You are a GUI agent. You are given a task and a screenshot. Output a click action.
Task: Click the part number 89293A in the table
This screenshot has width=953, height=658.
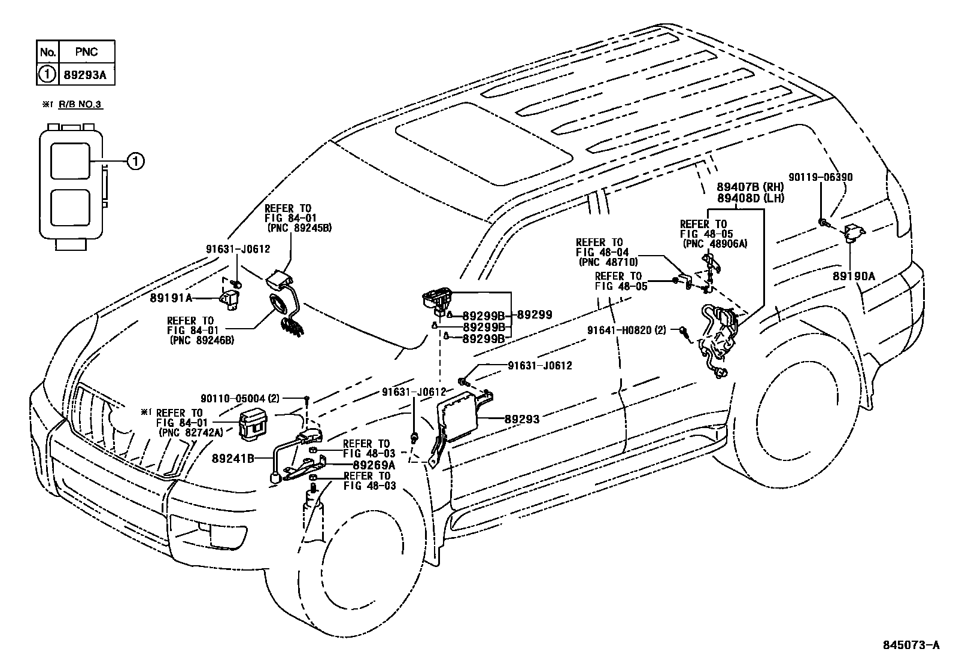[x=86, y=74]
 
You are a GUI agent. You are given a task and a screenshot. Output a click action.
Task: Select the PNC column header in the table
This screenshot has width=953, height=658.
[x=86, y=52]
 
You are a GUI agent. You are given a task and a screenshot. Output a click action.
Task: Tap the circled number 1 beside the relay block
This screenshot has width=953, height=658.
[x=136, y=160]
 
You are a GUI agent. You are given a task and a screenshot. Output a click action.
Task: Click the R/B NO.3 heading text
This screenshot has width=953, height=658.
[x=80, y=105]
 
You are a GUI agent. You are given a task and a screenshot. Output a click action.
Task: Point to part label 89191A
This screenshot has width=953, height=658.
[x=172, y=298]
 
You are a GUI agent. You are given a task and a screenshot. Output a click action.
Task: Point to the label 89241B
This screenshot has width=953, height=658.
[x=233, y=459]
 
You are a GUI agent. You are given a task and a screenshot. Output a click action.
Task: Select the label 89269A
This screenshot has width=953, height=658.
[x=374, y=465]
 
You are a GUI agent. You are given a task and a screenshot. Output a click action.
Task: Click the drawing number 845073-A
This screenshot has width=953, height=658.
[x=912, y=645]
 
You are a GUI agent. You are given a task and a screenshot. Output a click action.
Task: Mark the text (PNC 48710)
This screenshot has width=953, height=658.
[x=607, y=262]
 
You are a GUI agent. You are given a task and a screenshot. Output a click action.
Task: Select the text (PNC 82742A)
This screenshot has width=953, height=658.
[x=190, y=432]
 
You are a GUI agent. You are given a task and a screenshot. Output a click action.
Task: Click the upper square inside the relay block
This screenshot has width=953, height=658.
[x=70, y=160]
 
